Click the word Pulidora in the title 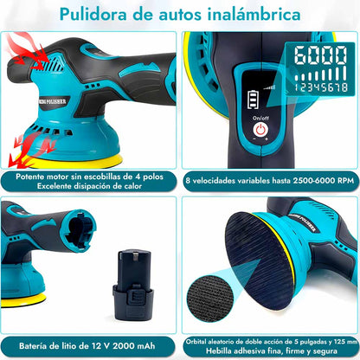point(93,14)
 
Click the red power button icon point(260,130)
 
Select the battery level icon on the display point(253,100)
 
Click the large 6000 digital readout point(320,55)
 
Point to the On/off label point(260,118)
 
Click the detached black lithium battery point(133,285)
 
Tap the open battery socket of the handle point(78,231)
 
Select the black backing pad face point(258,260)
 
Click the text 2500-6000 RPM point(324,181)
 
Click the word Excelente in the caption point(54,186)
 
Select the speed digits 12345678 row point(321,87)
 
